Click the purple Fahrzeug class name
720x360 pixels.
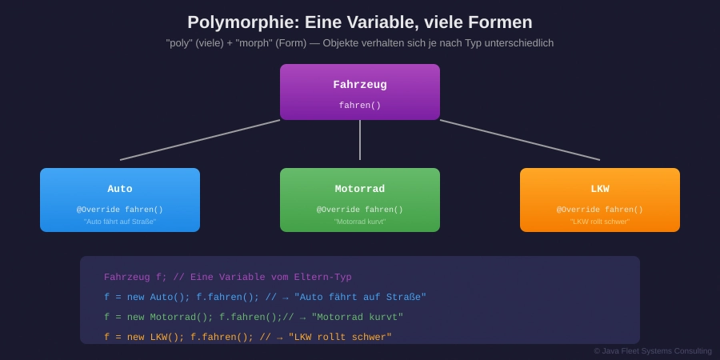(x=360, y=85)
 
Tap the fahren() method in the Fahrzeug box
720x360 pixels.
(x=360, y=106)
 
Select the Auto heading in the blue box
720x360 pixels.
(x=120, y=190)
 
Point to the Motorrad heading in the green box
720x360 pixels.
(x=360, y=190)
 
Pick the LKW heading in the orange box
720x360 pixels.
(x=600, y=190)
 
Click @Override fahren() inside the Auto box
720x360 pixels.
(x=120, y=210)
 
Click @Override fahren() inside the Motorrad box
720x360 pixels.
(x=360, y=210)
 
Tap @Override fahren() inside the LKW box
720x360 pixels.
(x=600, y=210)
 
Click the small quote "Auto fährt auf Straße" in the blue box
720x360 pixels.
(x=120, y=222)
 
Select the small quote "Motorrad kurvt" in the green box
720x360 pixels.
(x=360, y=222)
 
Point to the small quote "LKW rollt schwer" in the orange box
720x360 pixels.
(x=600, y=222)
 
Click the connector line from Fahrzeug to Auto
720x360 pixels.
(x=200, y=140)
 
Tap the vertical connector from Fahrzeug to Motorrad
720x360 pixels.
(x=360, y=140)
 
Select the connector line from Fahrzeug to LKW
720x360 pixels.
(x=520, y=140)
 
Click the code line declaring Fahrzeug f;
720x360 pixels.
(x=227, y=278)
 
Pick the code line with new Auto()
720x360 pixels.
(x=265, y=298)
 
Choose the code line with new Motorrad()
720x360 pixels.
(x=254, y=318)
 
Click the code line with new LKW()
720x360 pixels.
(x=248, y=338)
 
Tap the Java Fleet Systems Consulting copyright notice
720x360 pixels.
(x=653, y=350)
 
